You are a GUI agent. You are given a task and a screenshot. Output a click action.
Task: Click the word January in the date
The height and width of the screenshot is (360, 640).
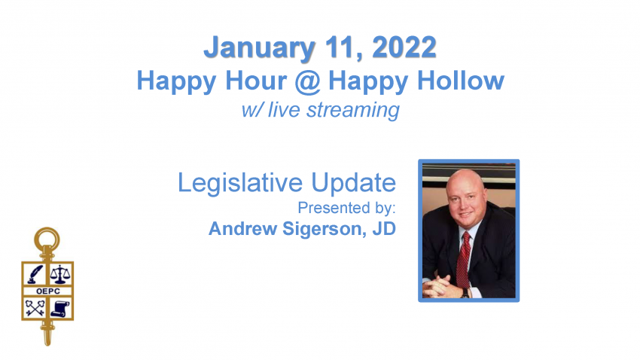point(260,48)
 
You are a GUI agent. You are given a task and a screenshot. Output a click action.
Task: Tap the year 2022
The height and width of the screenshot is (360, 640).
point(404,47)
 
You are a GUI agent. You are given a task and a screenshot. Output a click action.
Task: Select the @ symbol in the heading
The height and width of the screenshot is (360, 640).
point(307,81)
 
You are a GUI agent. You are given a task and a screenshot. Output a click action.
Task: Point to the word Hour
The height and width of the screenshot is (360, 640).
point(256,81)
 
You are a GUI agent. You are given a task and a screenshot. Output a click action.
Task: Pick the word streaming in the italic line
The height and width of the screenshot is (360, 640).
point(353,110)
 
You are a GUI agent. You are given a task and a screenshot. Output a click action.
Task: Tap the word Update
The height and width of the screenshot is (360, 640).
point(353,183)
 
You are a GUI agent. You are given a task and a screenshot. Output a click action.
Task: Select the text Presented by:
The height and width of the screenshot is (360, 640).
point(346,208)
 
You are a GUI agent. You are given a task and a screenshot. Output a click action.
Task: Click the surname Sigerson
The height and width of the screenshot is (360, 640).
point(322,228)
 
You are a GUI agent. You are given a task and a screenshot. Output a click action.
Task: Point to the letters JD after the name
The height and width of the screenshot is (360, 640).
point(384,228)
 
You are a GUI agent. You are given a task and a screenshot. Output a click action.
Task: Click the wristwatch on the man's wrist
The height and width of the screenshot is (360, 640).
point(465,293)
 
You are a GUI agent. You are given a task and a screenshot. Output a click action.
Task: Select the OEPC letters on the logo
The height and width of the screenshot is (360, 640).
point(47,291)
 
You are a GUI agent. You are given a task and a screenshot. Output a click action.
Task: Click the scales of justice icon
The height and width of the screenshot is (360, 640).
point(60,274)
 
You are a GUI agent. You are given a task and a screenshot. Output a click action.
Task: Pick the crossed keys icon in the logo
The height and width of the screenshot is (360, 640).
point(35,308)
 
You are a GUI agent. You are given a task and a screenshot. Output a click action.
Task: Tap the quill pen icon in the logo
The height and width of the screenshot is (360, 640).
point(35,274)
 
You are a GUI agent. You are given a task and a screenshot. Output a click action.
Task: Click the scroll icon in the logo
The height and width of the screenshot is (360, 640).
point(60,308)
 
